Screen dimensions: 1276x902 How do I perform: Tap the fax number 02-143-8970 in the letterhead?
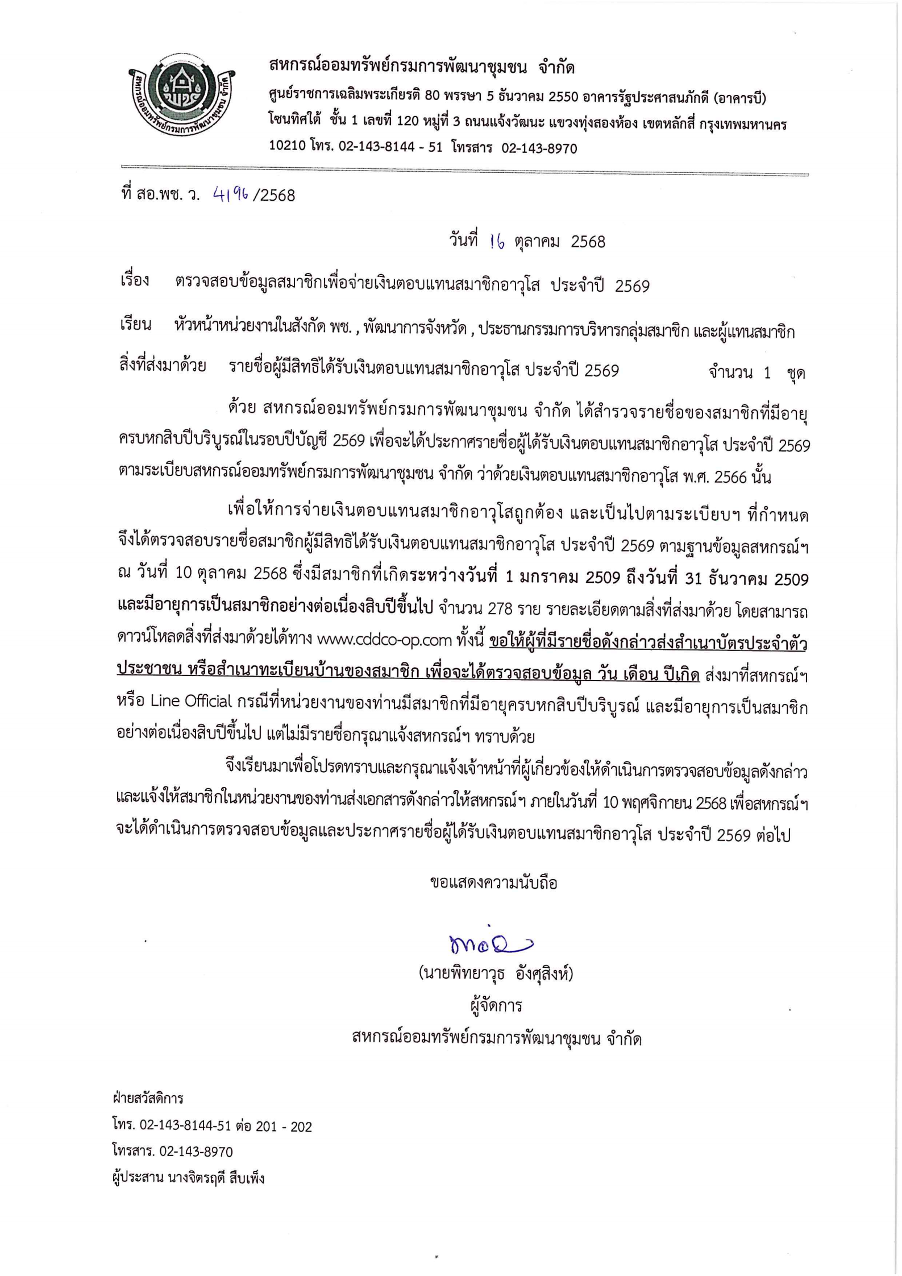point(539,148)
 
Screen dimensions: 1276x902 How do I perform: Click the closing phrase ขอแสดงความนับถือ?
point(493,883)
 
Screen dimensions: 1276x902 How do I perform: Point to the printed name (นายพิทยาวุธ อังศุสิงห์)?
point(496,974)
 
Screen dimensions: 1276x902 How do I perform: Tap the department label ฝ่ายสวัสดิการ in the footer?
point(148,1098)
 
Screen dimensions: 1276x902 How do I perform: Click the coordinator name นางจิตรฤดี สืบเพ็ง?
point(216,1178)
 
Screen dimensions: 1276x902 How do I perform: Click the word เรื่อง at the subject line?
point(135,280)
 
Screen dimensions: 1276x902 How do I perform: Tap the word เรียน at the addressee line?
point(135,325)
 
